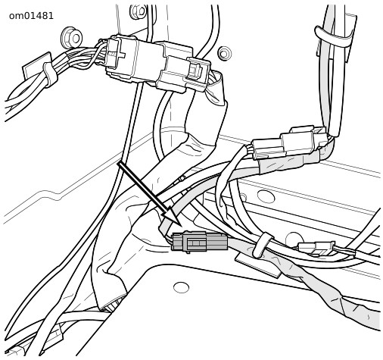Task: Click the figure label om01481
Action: coord(31,16)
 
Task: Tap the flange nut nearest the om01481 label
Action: coord(72,38)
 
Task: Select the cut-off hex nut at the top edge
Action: coord(138,11)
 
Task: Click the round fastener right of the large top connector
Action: coord(224,53)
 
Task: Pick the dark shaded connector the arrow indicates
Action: coord(199,242)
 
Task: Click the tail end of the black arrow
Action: coord(120,164)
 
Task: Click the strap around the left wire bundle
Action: coord(50,75)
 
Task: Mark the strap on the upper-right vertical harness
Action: coord(333,37)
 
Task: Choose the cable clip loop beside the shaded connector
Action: coord(263,245)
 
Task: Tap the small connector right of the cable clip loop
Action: coord(316,248)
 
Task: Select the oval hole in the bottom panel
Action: coord(181,287)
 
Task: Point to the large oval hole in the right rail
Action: coord(266,196)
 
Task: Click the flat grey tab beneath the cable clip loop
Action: coord(257,265)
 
